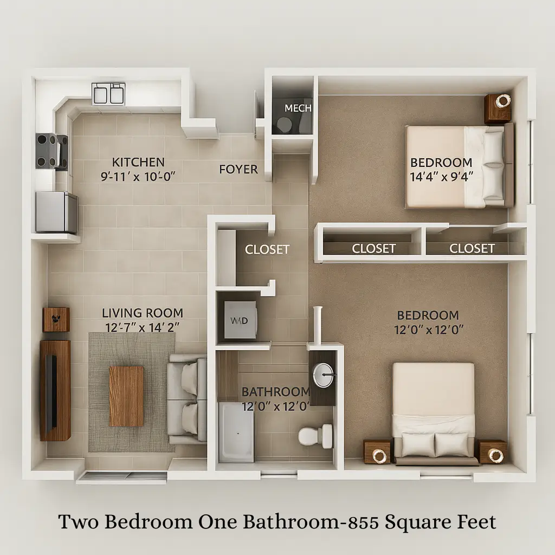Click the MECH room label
298,108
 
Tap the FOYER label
238,170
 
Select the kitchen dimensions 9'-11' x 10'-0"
138,176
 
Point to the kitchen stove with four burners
51,151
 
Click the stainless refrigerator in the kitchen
56,212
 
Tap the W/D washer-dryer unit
240,320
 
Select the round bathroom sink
323,374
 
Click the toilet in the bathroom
315,436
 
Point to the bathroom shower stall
236,432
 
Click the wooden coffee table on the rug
126,396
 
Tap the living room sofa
186,399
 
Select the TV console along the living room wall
55,390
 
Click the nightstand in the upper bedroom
498,108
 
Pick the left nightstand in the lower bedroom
377,451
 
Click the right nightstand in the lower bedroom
492,451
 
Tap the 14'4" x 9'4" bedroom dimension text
441,177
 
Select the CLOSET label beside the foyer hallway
267,249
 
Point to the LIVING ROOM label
143,313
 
